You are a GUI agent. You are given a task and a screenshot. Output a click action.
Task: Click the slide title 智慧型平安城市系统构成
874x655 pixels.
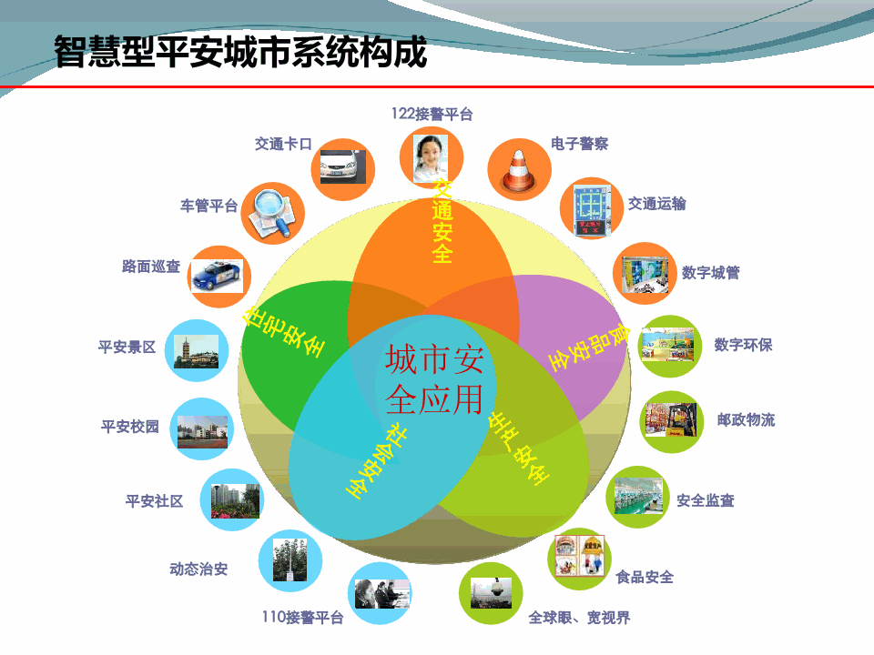tap(240, 52)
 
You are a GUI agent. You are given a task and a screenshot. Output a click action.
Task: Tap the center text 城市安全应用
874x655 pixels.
tap(433, 378)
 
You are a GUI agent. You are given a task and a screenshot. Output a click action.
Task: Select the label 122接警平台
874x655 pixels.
tap(432, 114)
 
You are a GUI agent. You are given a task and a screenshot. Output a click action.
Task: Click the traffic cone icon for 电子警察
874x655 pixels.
tap(519, 168)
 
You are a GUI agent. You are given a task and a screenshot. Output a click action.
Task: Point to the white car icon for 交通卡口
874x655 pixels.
tap(342, 166)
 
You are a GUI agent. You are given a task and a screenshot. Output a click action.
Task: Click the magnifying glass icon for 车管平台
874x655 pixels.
tap(272, 212)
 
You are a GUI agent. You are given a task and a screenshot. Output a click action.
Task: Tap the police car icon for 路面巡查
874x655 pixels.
tap(218, 275)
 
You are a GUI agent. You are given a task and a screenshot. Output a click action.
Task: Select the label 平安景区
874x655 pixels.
tap(127, 347)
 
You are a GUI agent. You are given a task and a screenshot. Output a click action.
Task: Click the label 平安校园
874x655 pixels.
tap(130, 426)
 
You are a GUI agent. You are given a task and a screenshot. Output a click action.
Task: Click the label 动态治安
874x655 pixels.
tap(198, 569)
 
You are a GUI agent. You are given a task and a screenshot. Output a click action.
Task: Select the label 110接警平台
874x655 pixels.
tap(302, 618)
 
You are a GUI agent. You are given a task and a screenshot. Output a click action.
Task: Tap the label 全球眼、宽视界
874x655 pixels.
tap(579, 618)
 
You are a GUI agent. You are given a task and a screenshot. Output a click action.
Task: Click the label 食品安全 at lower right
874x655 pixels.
tap(645, 577)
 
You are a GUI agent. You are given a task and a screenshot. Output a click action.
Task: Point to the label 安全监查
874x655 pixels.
tap(706, 500)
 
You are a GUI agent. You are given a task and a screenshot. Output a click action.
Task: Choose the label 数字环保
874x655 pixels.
tap(743, 345)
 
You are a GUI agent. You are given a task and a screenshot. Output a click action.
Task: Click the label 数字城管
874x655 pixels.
tap(711, 272)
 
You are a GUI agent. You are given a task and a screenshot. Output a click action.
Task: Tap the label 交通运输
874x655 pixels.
tap(657, 204)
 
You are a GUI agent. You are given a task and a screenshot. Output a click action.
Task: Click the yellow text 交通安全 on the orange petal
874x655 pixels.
tap(442, 220)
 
